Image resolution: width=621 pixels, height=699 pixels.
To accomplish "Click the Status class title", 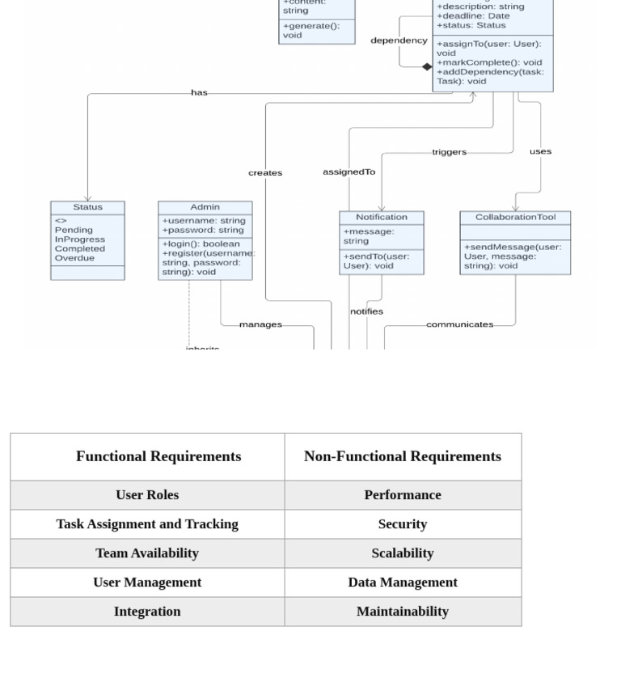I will coord(87,207).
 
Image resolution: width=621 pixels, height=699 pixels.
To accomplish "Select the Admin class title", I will coord(205,207).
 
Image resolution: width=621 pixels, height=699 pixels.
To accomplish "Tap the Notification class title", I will coord(381,217).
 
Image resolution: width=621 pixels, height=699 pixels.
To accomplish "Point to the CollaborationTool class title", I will coord(515,217).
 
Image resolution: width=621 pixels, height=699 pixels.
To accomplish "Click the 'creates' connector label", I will coord(265,173).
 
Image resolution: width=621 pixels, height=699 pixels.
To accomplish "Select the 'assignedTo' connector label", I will coord(349,172).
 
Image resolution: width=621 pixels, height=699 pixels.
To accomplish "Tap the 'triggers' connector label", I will coord(449,152).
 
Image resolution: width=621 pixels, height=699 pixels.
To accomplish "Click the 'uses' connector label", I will coord(540,151).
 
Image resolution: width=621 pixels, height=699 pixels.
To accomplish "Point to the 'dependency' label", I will coord(399,40).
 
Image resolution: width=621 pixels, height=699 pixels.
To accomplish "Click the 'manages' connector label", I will coord(260,324).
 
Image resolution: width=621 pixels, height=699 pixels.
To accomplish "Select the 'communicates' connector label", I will coord(459,324).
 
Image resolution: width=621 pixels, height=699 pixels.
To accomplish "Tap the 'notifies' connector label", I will coord(366,311).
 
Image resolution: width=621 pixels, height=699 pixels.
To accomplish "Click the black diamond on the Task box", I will coord(427,67).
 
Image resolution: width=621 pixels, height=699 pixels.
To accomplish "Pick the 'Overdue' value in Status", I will coord(74,258).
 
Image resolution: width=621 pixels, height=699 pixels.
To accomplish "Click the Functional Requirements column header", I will coord(158,456).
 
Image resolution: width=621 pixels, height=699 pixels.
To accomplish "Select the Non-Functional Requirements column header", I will coord(402,456).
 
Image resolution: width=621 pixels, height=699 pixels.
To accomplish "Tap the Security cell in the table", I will coord(402,524).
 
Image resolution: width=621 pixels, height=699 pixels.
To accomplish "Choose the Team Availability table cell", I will coord(147,553).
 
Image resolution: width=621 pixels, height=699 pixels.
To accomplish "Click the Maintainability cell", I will coord(402,612).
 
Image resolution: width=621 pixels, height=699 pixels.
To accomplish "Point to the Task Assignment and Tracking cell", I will coord(147,524).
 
